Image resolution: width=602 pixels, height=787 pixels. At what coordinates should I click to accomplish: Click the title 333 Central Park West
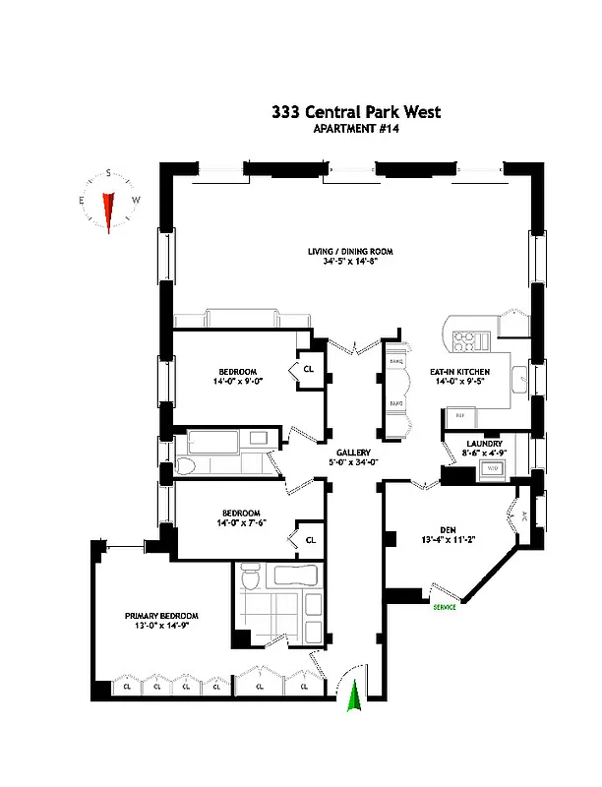pos(356,112)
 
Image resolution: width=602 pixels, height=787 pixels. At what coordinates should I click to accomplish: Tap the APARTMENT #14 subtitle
pos(356,130)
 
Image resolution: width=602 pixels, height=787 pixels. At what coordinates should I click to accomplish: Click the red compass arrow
pos(109,208)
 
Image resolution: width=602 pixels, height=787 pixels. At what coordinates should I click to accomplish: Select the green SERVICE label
pos(446,608)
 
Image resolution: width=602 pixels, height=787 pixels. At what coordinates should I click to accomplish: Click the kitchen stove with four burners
pos(463,341)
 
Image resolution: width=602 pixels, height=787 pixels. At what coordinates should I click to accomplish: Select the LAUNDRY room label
pos(484,444)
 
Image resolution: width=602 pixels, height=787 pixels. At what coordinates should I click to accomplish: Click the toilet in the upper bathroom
pos(192,467)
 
